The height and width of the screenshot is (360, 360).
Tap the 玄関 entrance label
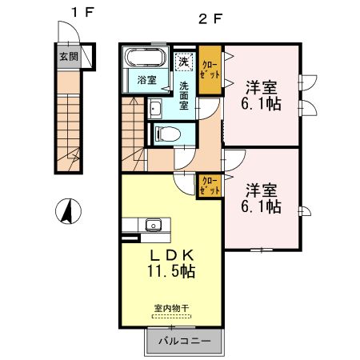tap(68, 57)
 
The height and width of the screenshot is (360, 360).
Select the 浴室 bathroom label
tap(146, 79)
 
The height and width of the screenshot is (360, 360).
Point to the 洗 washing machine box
tap(183, 62)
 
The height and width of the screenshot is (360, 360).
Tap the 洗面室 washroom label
tap(184, 95)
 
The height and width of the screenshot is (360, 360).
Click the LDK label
tap(170, 254)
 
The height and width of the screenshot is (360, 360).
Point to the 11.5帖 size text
tap(170, 271)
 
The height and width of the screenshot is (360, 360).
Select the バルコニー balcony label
tap(183, 342)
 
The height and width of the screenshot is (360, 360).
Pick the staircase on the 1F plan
tap(69, 120)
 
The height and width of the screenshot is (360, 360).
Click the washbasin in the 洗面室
tap(155, 110)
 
